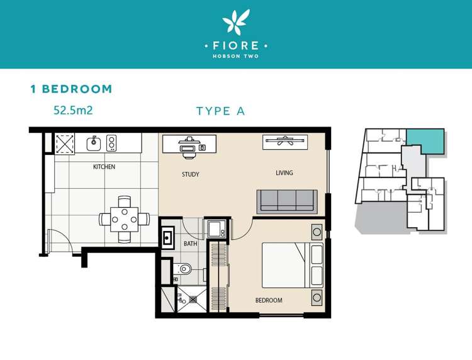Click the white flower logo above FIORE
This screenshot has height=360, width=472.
[236, 21]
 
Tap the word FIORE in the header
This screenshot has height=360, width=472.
[236, 46]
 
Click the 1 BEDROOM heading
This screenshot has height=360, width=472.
[71, 89]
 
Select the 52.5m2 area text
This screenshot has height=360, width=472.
[73, 110]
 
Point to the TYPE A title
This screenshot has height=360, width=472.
[221, 111]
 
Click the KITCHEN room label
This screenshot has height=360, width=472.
[104, 166]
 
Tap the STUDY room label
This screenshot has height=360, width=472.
[191, 174]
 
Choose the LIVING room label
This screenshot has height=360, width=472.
[284, 173]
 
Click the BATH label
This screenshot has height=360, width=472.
[191, 244]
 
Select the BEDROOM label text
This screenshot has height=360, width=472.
[269, 300]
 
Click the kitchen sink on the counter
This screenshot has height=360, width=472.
[94, 143]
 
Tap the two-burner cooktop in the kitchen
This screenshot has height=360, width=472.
[111, 143]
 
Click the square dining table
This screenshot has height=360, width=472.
[125, 220]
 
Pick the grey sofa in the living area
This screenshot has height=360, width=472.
[287, 202]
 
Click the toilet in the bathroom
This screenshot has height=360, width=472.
[183, 269]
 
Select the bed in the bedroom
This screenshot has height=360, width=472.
[293, 265]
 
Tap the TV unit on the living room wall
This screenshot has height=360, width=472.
[285, 142]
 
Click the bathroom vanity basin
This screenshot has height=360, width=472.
[167, 238]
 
